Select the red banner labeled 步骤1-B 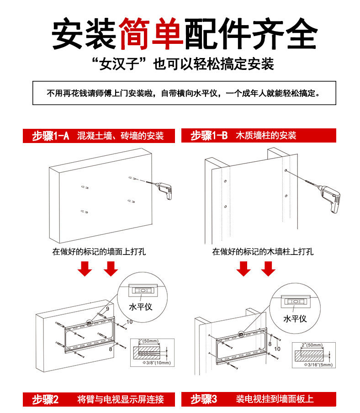pos(258,136)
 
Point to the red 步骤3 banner pos(258,399)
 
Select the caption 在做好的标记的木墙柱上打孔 pos(263,251)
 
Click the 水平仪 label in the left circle pos(141,307)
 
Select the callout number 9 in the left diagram pos(107,309)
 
